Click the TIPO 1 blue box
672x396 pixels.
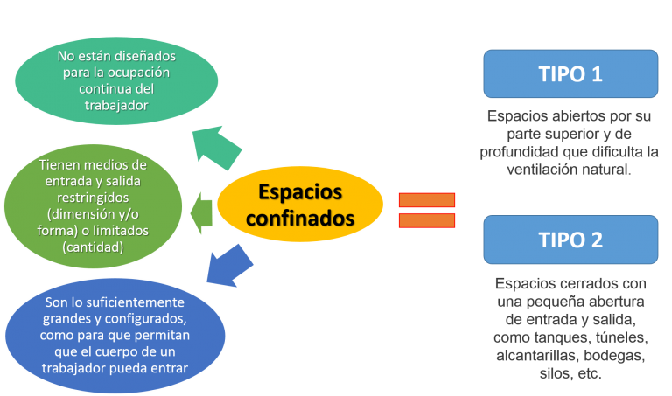(x=570, y=73)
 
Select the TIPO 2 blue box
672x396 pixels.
(x=570, y=240)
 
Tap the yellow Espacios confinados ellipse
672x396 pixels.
(x=300, y=205)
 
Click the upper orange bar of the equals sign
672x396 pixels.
(x=427, y=200)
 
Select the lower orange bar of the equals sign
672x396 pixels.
(x=427, y=220)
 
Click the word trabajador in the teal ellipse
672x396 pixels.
(x=115, y=105)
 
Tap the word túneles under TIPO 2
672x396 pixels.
(x=617, y=337)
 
